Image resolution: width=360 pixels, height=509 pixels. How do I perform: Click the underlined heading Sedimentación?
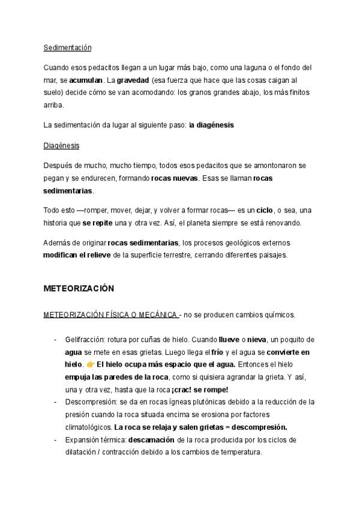tap(67, 47)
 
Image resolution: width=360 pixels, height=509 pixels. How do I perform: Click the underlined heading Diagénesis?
tap(62, 146)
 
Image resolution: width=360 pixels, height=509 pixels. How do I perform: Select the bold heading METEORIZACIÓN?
tap(79, 288)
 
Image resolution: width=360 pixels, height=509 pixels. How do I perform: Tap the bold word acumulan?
tap(86, 79)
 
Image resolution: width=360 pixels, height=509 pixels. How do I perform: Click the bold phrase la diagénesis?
tap(211, 125)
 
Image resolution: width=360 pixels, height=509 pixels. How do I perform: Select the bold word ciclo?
tap(264, 211)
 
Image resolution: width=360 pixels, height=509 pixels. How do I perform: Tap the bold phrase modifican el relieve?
tap(82, 255)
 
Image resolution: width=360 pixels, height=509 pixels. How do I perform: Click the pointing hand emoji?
tap(91, 364)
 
